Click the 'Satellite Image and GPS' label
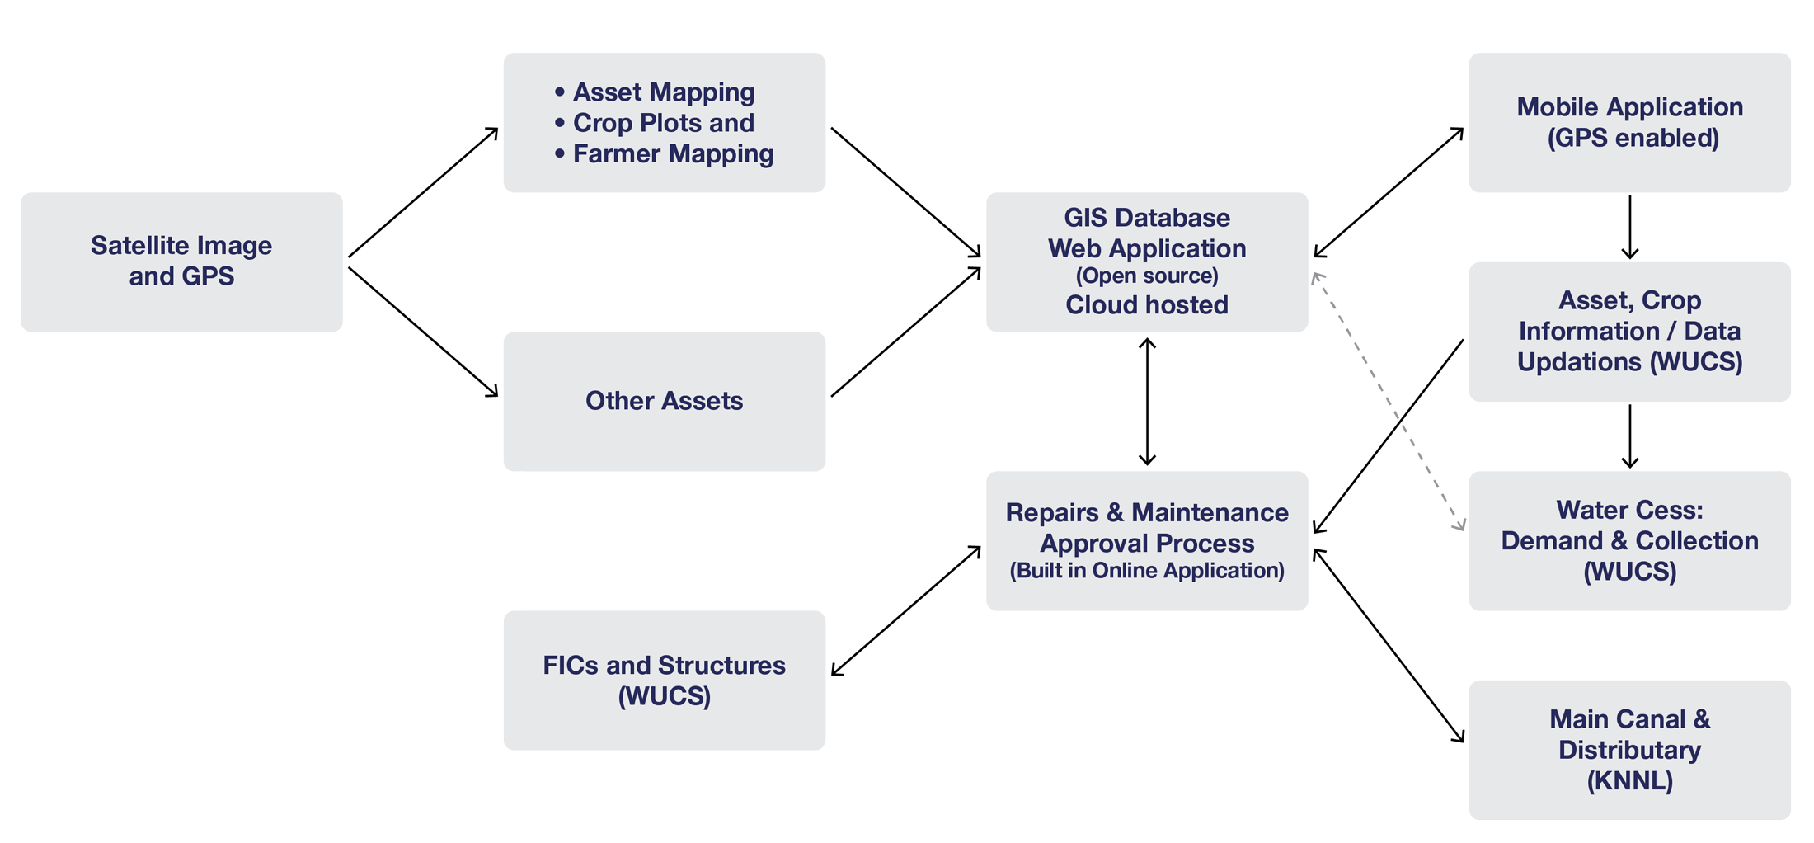click(x=181, y=261)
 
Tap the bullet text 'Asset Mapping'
click(x=663, y=92)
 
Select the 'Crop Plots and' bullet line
click(x=663, y=123)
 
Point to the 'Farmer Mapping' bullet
click(x=672, y=154)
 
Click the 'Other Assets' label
click(x=664, y=401)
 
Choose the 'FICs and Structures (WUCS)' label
click(x=664, y=681)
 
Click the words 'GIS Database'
click(x=1146, y=218)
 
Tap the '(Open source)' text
click(x=1146, y=276)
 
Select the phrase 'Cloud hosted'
click(x=1146, y=305)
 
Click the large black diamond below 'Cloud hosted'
click(x=1146, y=401)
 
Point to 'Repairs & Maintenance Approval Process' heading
click(x=1146, y=528)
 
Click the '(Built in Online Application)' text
click(x=1146, y=571)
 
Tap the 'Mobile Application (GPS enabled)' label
click(x=1629, y=122)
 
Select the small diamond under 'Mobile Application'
click(x=1629, y=227)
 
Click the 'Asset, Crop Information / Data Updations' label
click(x=1629, y=331)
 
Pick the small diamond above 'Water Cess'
click(x=1629, y=436)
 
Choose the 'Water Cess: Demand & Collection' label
click(x=1629, y=540)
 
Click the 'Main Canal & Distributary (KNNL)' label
click(x=1629, y=750)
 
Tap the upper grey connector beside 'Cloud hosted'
click(x=1359, y=342)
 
